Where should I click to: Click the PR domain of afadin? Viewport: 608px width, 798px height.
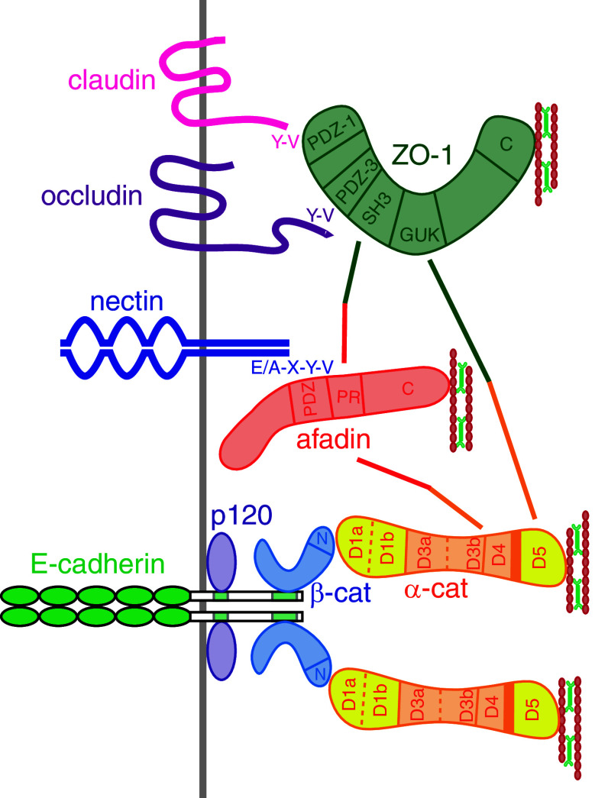click(x=344, y=398)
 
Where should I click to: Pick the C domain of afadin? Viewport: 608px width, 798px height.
click(x=407, y=390)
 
